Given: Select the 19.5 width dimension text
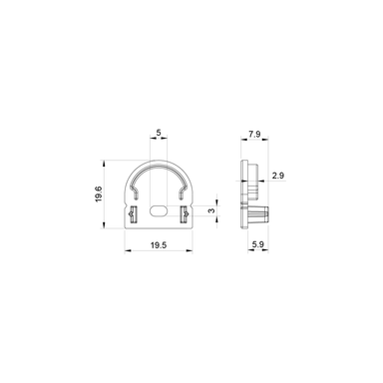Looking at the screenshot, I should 159,244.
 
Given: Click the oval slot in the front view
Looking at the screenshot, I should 160,210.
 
